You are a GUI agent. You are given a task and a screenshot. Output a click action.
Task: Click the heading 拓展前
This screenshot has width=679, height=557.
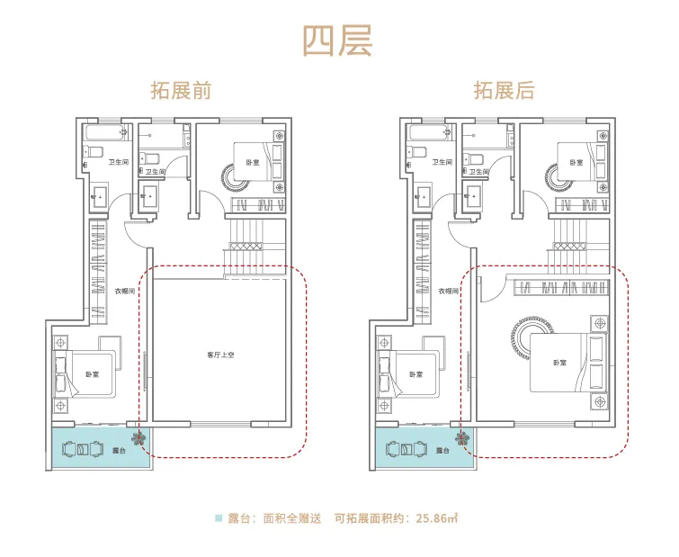pos(181,91)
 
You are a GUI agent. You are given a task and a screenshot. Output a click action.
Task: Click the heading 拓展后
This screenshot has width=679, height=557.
pos(504,91)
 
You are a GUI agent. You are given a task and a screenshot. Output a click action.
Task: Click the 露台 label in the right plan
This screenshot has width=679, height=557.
pos(442,450)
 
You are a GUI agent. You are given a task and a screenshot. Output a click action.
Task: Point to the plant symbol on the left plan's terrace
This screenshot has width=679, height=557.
pos(137,439)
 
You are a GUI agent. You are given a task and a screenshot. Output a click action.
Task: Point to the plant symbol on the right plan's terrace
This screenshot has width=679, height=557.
pos(461,439)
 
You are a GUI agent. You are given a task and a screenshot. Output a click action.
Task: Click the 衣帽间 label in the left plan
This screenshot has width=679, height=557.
pos(124,292)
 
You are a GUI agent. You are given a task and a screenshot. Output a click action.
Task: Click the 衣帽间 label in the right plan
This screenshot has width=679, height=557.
pos(448,292)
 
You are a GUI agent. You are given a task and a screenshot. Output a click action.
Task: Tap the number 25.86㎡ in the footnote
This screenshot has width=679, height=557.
pos(438,518)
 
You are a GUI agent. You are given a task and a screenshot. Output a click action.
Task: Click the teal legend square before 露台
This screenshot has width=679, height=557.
pos(219,518)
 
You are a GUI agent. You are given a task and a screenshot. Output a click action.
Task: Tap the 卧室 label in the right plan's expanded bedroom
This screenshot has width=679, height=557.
pos(560,363)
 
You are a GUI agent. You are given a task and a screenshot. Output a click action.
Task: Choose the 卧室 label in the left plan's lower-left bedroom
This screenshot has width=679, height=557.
pos(93,374)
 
